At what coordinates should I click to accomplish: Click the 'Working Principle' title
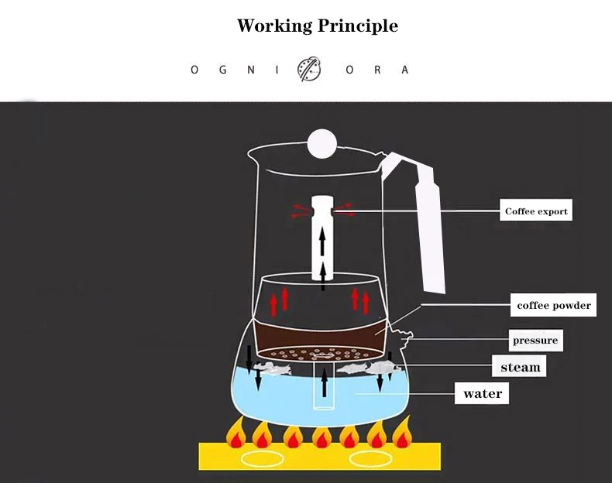click(x=317, y=26)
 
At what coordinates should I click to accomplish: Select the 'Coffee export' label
click(x=536, y=211)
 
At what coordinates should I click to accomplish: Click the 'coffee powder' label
click(x=554, y=305)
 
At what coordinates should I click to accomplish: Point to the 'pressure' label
click(x=535, y=341)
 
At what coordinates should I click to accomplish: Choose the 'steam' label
click(x=520, y=366)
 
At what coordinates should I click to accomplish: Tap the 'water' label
click(x=483, y=393)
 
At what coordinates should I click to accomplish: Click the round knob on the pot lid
click(x=321, y=142)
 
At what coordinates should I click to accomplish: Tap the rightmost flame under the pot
click(x=401, y=435)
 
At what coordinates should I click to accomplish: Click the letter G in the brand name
click(x=222, y=70)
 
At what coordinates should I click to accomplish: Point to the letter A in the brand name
click(x=404, y=70)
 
